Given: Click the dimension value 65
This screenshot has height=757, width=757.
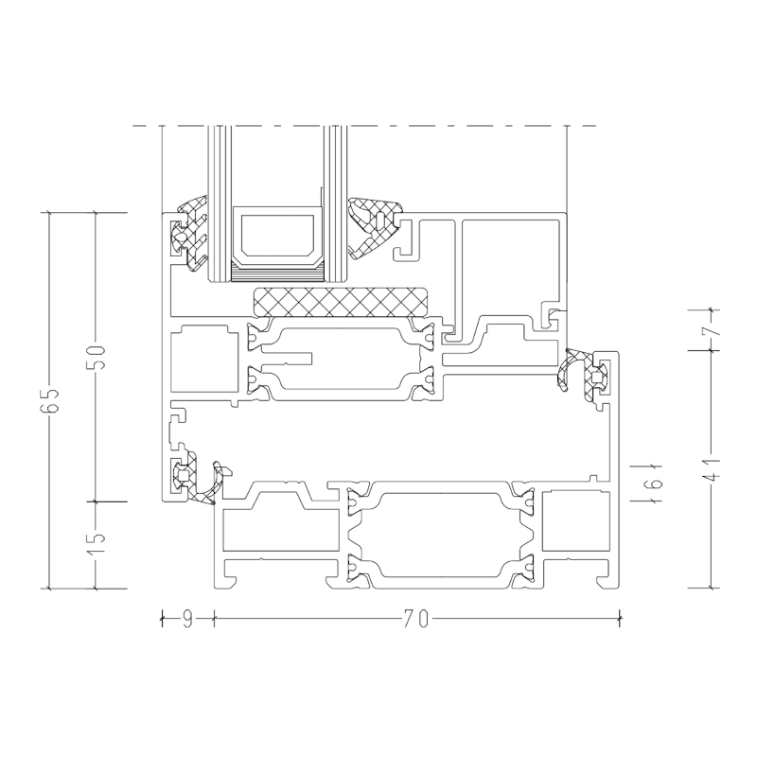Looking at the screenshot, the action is pos(50,400).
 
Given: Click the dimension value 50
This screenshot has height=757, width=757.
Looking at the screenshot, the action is pos(97,358).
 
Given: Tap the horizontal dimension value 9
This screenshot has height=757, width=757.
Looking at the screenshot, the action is pos(187,619).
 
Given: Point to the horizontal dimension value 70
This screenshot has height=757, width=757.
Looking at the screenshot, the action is pos(416,619).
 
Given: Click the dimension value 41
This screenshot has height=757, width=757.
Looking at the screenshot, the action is pos(713,468).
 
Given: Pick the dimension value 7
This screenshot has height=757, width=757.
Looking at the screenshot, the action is pos(713,329).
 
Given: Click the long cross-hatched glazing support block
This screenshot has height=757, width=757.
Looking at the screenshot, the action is pos(340,302).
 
